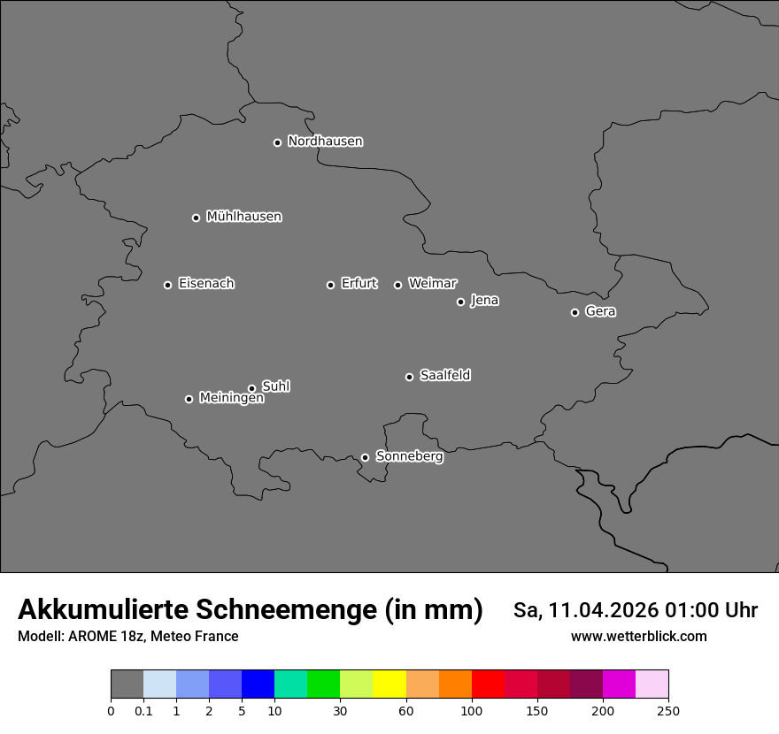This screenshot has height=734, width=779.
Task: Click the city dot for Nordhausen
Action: pyautogui.click(x=277, y=142)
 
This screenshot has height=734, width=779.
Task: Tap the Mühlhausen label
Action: pyautogui.click(x=243, y=217)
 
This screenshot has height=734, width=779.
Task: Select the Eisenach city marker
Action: pyautogui.click(x=167, y=285)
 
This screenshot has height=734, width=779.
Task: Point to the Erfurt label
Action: pyautogui.click(x=359, y=284)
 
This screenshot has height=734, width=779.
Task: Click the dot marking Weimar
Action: pyautogui.click(x=397, y=285)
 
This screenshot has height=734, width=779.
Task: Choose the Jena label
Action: pyautogui.click(x=484, y=301)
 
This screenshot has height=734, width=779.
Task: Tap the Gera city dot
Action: pyautogui.click(x=575, y=312)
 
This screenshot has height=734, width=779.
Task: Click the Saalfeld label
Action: pyautogui.click(x=444, y=376)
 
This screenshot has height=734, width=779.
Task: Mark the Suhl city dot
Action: pyautogui.click(x=251, y=388)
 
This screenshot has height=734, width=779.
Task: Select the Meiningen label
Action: pyautogui.click(x=231, y=399)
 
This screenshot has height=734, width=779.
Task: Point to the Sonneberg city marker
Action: pyautogui.click(x=365, y=457)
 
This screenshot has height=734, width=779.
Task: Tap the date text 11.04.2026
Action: pyautogui.click(x=604, y=610)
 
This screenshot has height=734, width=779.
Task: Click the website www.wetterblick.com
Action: pyautogui.click(x=638, y=636)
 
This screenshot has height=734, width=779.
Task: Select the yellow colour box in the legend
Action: pyautogui.click(x=389, y=684)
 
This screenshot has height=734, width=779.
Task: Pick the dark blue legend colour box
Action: pyautogui.click(x=258, y=684)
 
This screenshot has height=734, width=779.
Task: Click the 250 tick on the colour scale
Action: pyautogui.click(x=668, y=710)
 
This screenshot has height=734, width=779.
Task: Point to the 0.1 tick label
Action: pyautogui.click(x=143, y=710)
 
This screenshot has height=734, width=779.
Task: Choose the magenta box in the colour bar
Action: pyautogui.click(x=619, y=684)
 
